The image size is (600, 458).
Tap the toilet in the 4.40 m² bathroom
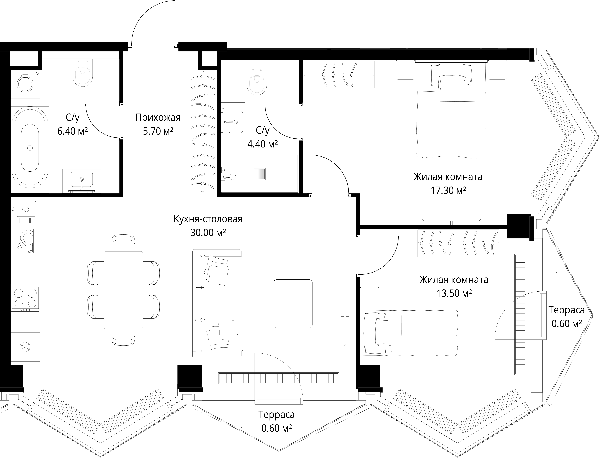(256, 81)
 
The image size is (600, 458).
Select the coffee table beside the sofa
(293, 303)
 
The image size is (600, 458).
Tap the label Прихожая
(158, 118)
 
